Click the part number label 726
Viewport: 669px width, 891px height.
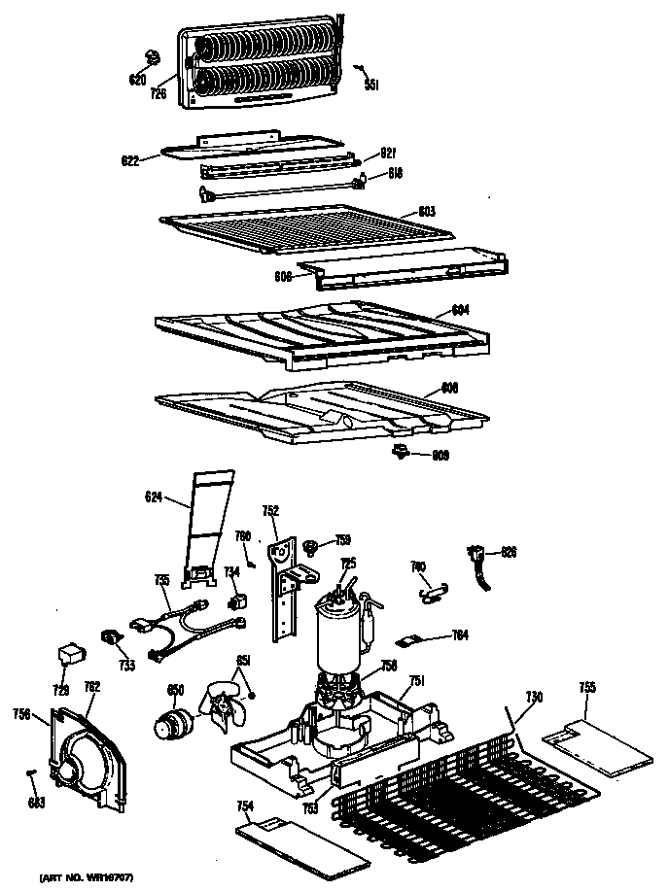click(158, 94)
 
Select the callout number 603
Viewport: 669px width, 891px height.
click(427, 211)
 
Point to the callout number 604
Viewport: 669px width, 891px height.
click(461, 310)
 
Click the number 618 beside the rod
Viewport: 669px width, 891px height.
click(395, 174)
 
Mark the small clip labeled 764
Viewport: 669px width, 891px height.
click(414, 640)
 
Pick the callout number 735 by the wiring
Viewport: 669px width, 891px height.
click(162, 581)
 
